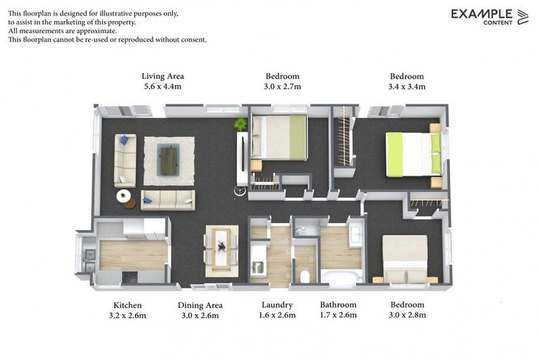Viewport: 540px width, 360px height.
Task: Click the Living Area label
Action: pyautogui.click(x=162, y=76)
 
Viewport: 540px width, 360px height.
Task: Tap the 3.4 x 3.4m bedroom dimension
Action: pyautogui.click(x=406, y=86)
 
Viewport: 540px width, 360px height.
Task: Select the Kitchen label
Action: pyautogui.click(x=127, y=305)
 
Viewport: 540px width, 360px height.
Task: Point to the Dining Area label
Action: pyautogui.click(x=200, y=306)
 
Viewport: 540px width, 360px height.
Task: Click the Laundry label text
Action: pyautogui.click(x=277, y=305)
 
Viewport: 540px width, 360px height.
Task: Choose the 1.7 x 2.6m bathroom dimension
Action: pyautogui.click(x=338, y=315)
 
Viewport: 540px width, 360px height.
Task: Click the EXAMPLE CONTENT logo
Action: pyautogui.click(x=489, y=17)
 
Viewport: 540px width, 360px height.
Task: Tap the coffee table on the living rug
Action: pyautogui.click(x=169, y=160)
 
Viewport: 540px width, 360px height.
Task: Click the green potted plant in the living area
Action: pyautogui.click(x=240, y=124)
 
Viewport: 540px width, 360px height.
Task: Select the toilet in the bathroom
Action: pyautogui.click(x=304, y=276)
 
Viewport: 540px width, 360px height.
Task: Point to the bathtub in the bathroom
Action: pyautogui.click(x=342, y=276)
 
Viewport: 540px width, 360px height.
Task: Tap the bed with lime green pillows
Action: pyautogui.click(x=413, y=154)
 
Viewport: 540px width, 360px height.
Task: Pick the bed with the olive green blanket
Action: pyautogui.click(x=279, y=137)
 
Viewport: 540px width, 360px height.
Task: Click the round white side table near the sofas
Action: pyautogui.click(x=123, y=196)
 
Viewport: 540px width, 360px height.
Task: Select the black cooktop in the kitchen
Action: pyautogui.click(x=130, y=278)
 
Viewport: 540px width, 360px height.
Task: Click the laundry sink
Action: pyautogui.click(x=257, y=266)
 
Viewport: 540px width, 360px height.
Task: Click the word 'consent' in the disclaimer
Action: pyautogui.click(x=193, y=39)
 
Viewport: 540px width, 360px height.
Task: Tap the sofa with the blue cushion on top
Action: pyautogui.click(x=125, y=160)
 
